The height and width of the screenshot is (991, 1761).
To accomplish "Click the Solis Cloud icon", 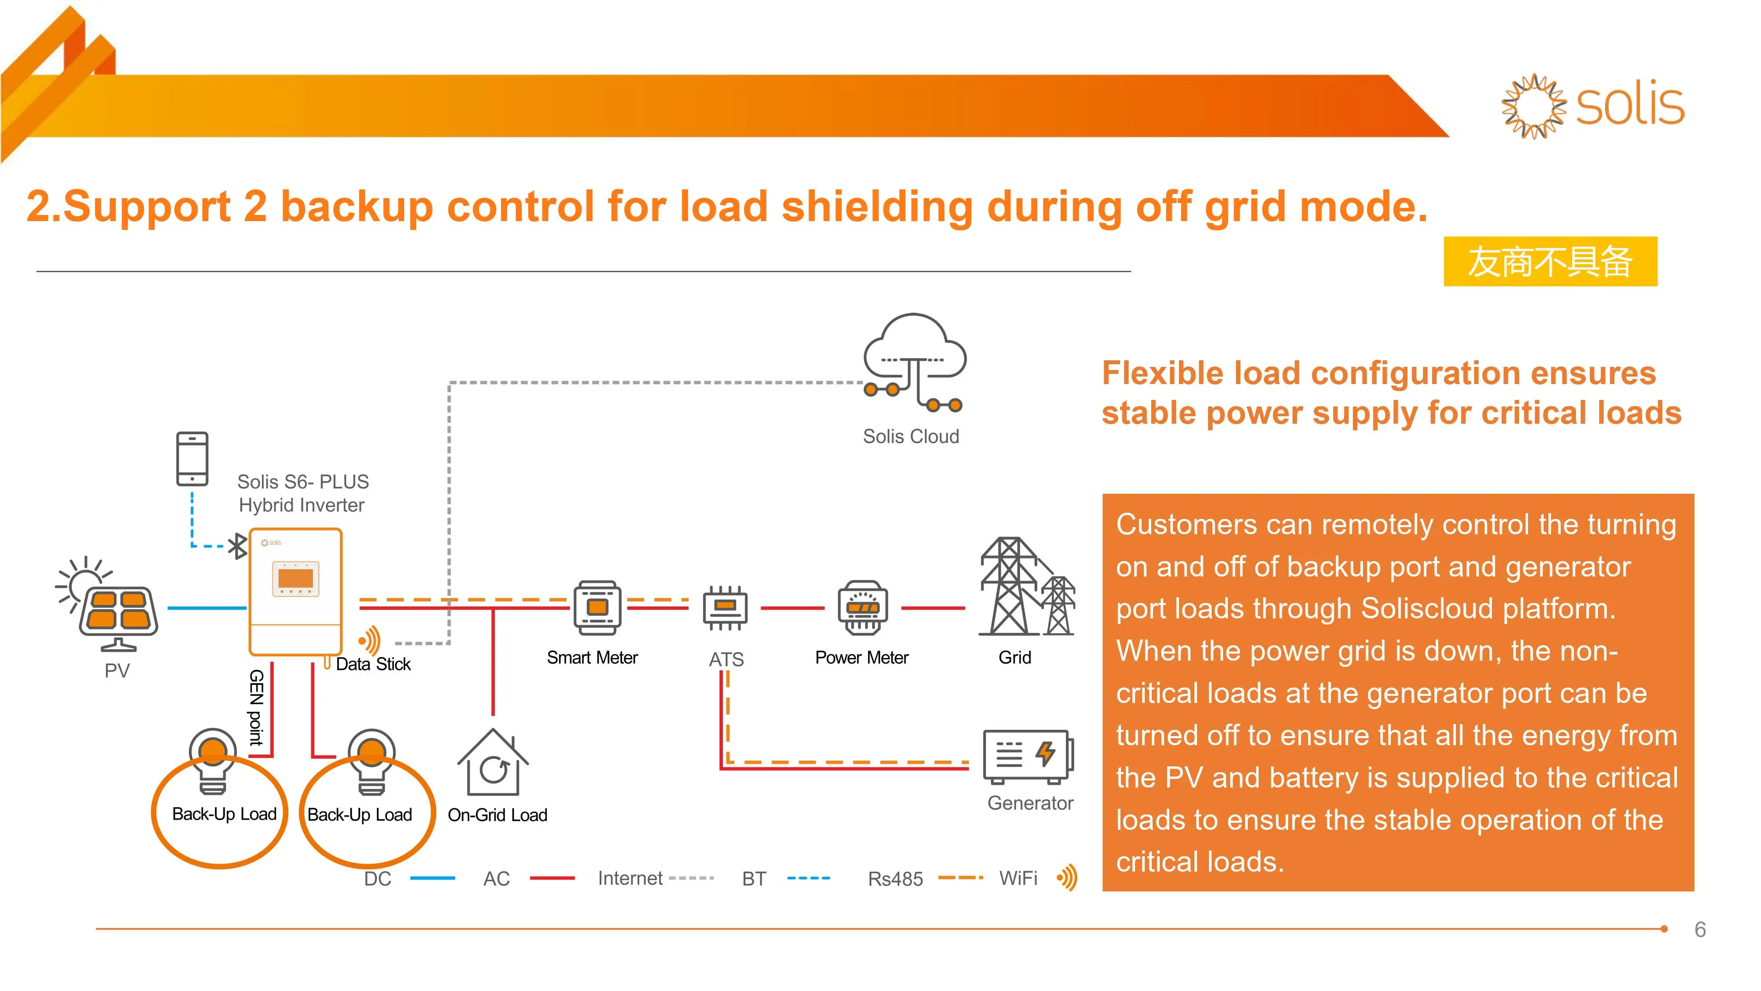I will coord(914,362).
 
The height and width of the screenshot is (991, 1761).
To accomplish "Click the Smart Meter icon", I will coord(597,607).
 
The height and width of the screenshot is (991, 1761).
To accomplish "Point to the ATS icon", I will coord(726,607).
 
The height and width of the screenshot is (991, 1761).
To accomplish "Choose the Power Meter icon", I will coord(863,607).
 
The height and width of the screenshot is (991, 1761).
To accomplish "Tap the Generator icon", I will coord(1028,756).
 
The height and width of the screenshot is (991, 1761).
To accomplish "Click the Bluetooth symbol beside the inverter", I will coord(237,546).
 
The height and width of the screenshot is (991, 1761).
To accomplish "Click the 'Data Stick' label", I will coord(373,664).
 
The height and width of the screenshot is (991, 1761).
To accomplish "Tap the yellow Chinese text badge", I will coord(1550,262).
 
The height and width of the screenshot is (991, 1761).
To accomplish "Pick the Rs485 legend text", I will coord(895,879).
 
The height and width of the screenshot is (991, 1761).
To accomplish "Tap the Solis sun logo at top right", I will coord(1533,106).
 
